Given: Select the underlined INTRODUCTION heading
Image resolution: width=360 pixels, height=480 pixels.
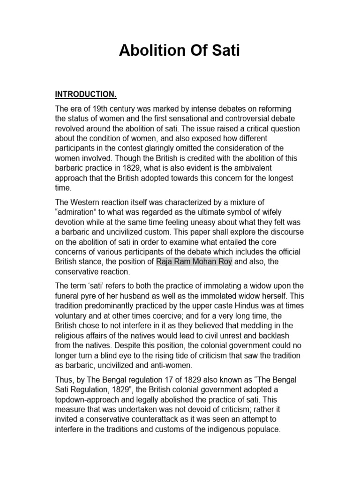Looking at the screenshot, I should [86, 94].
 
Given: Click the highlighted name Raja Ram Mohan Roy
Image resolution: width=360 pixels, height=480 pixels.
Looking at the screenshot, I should [194, 262].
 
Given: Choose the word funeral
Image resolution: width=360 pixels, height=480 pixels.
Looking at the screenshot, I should [69, 295].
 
